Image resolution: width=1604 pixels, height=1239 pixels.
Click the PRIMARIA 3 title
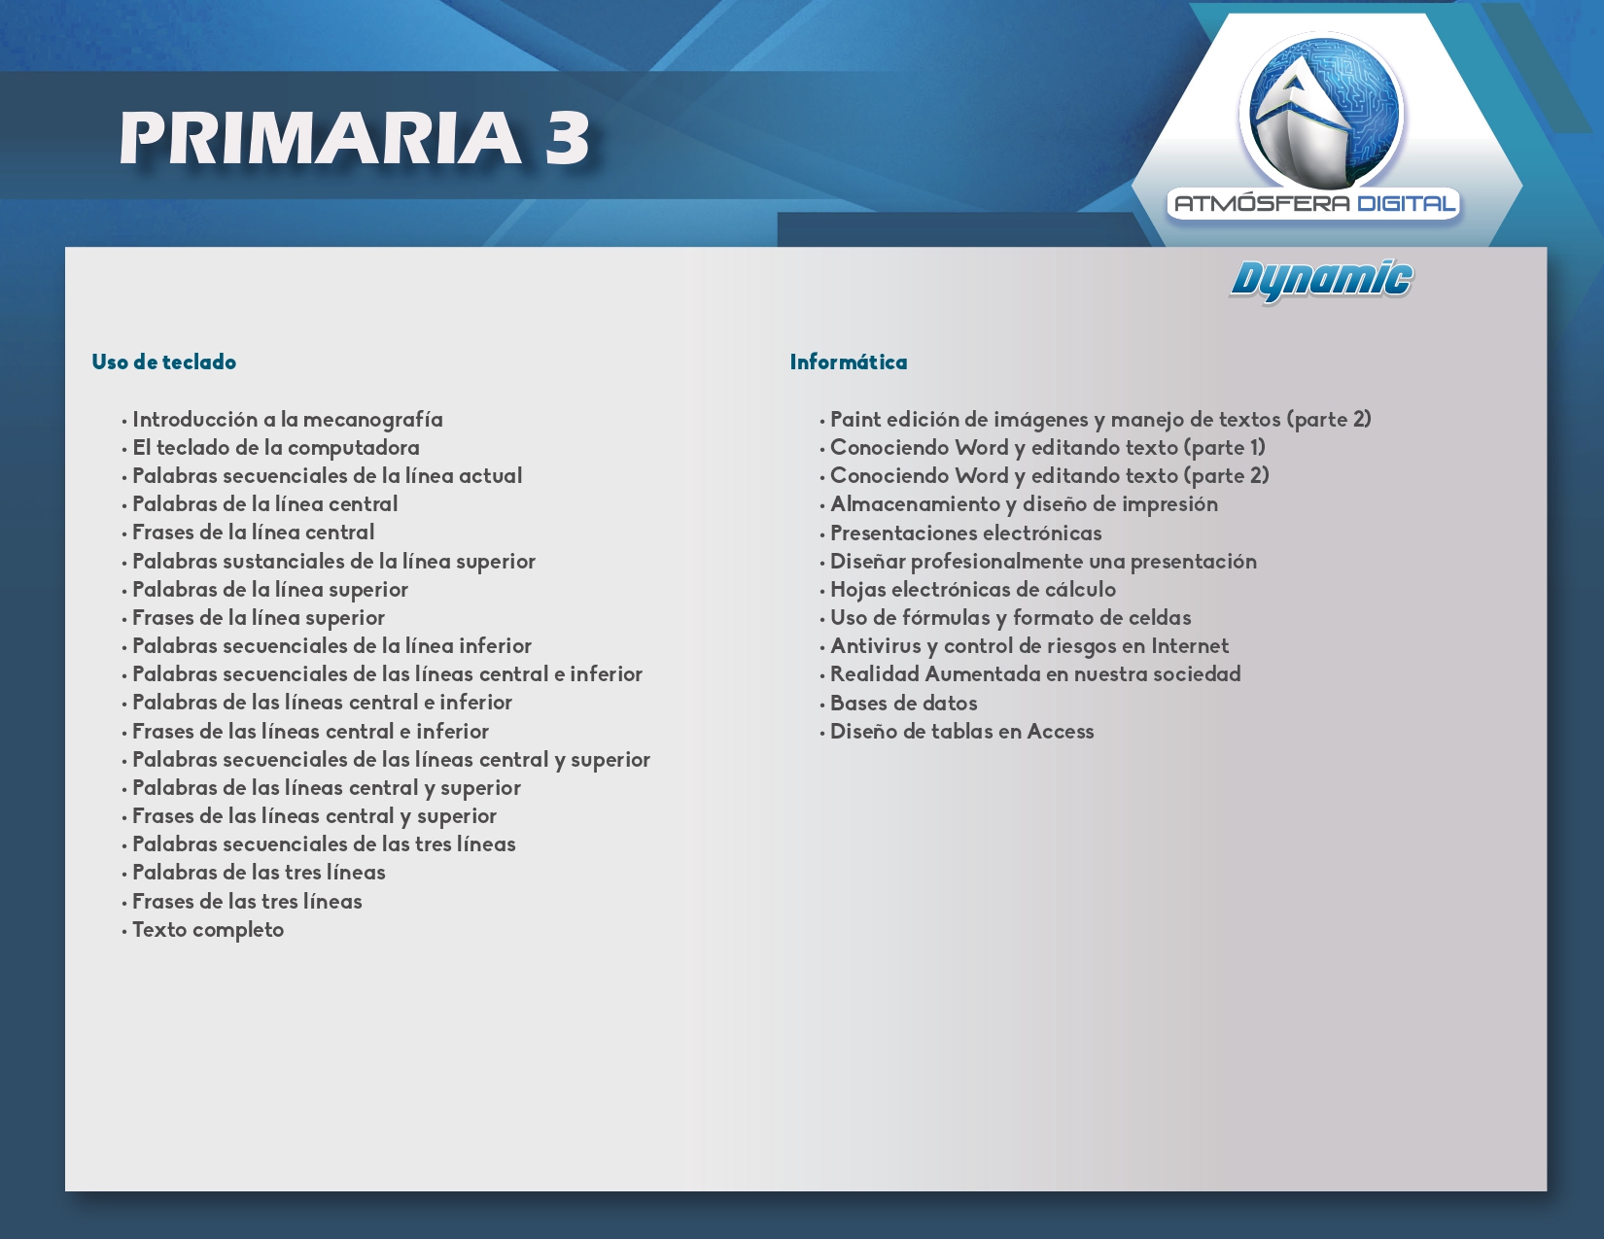point(354,138)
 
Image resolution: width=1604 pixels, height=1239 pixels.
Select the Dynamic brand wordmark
point(1321,281)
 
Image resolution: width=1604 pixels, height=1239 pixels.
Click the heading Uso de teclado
point(164,361)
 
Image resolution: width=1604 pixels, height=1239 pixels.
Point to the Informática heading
point(849,361)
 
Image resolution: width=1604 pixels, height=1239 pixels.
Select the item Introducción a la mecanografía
point(288,419)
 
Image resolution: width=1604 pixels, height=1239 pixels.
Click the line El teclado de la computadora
point(276,448)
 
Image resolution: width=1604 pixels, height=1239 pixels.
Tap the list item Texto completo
point(208,930)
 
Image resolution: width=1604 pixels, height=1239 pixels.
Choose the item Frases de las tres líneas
point(247,901)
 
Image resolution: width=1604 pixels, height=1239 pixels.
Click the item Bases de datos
point(903,704)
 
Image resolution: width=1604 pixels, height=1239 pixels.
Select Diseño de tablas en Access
point(961,732)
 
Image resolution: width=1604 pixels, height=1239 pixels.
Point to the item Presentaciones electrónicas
point(965,533)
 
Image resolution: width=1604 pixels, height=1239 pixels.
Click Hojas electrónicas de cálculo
point(973,590)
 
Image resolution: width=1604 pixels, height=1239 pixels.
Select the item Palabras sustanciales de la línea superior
point(333,562)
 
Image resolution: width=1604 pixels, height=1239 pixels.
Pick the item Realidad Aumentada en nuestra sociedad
point(1035,673)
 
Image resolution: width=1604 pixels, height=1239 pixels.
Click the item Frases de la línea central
point(253,533)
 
